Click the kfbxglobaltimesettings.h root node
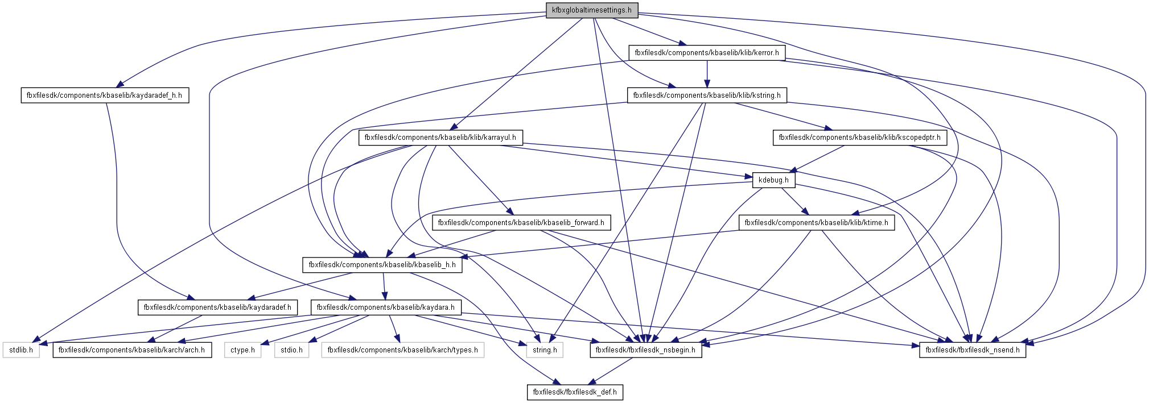(592, 10)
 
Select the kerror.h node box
(707, 53)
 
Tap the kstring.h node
(707, 95)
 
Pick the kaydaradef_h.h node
(104, 95)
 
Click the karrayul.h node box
(440, 138)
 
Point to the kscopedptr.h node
(859, 138)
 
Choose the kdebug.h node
(773, 180)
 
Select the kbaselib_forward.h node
(521, 223)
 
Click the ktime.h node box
(816, 223)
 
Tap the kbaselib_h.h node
(382, 265)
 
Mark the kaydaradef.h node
(217, 308)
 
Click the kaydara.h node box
(385, 308)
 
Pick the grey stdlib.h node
(21, 350)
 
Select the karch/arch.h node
(132, 350)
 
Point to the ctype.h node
(242, 350)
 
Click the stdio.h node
(291, 350)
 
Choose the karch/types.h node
(402, 350)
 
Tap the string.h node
(545, 350)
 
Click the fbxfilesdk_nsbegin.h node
(645, 350)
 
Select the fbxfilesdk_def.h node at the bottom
(575, 392)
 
